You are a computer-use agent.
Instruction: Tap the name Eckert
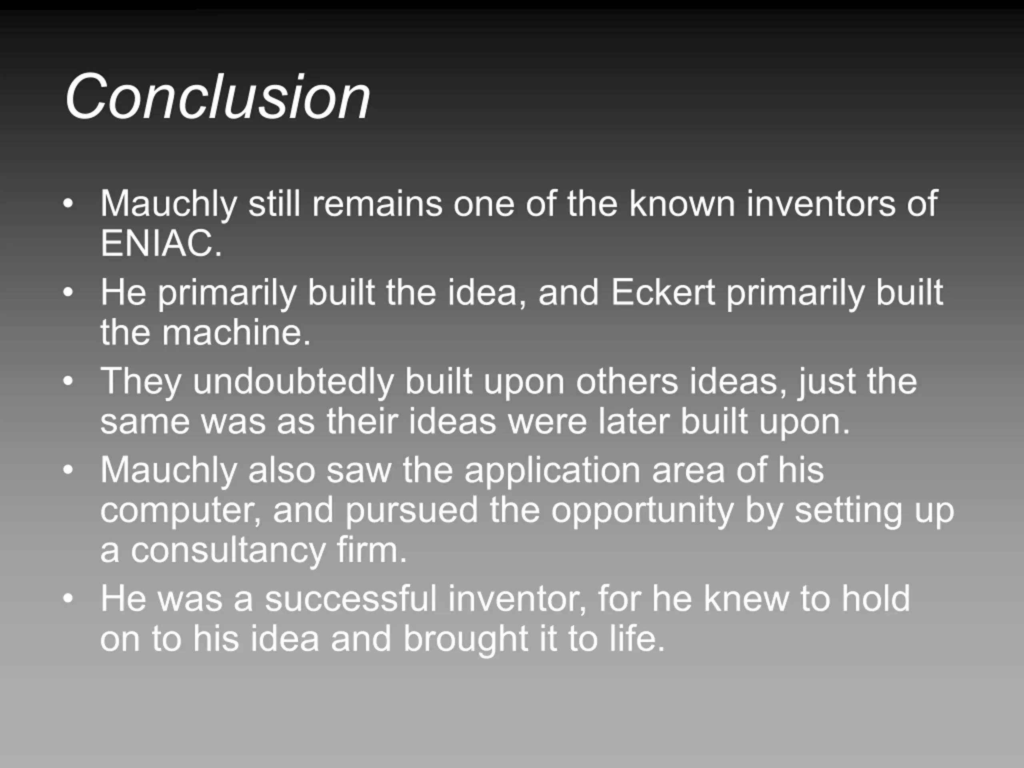(x=663, y=292)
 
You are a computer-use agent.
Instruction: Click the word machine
(x=236, y=332)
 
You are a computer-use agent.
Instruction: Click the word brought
(x=466, y=639)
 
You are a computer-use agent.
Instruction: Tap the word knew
(x=746, y=598)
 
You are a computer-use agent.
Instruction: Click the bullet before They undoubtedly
(x=68, y=382)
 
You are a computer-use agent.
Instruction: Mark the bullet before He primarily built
(x=68, y=292)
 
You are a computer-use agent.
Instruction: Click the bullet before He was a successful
(x=68, y=598)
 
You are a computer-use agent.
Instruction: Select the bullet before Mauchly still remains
(x=68, y=204)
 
